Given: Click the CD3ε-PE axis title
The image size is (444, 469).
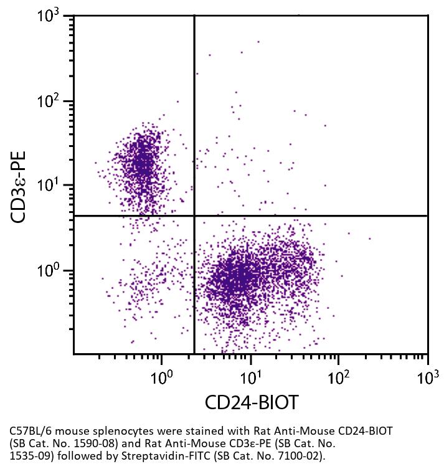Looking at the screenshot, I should click(19, 186).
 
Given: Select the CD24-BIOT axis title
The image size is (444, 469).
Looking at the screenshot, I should click(251, 402).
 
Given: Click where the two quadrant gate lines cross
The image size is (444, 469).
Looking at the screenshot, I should click(194, 216).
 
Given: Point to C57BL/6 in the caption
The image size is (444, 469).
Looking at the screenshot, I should click(32, 431).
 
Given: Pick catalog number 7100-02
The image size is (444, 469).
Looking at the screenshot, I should click(296, 455).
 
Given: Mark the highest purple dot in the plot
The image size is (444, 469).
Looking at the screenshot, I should click(258, 42).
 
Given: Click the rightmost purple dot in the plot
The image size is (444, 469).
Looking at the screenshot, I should click(370, 238).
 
